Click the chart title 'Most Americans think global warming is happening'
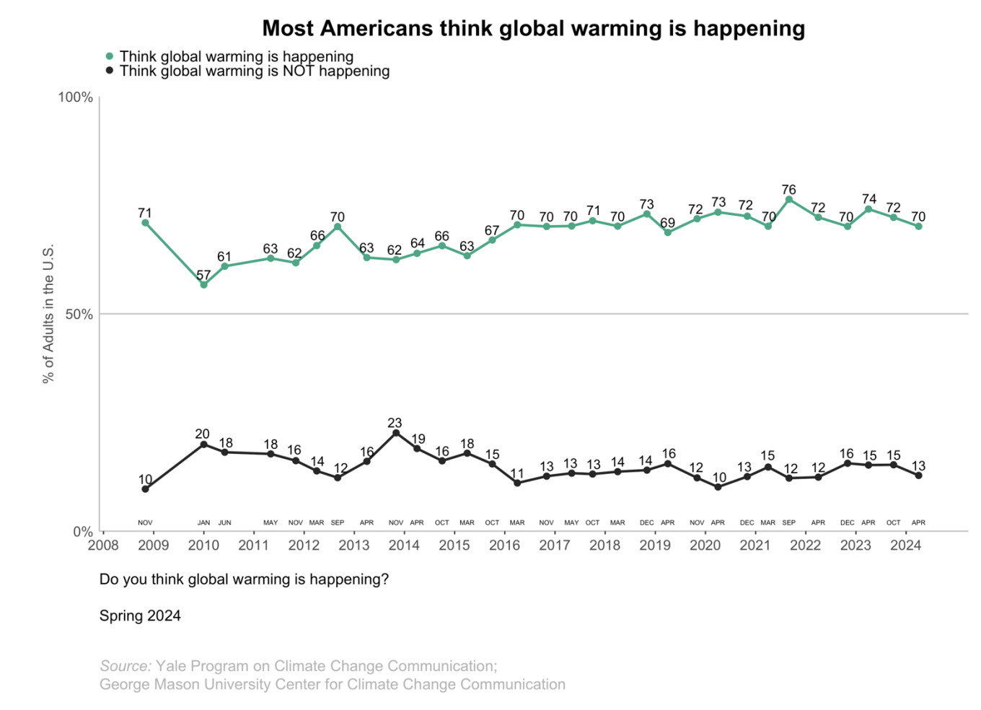[533, 28]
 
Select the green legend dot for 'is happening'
[110, 56]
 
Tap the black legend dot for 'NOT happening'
[110, 71]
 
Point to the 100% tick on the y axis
[76, 97]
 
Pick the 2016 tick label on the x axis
[504, 545]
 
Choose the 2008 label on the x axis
[103, 545]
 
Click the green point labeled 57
[203, 284]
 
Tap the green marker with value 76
[789, 200]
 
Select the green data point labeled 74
[868, 209]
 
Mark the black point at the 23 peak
[396, 433]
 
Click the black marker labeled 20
[203, 444]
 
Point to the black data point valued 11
[517, 483]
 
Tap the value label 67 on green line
[492, 231]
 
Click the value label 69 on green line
[668, 223]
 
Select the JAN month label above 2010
[203, 522]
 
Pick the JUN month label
[225, 522]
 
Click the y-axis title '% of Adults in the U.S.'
[48, 314]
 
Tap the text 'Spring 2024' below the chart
[140, 615]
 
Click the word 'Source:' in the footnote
[126, 666]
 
